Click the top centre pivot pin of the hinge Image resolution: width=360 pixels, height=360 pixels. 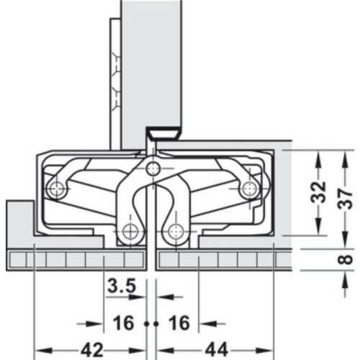151,168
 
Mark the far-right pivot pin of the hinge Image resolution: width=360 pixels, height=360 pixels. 248,189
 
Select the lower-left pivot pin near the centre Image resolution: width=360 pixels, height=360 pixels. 130,232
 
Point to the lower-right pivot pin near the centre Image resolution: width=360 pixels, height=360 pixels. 174,232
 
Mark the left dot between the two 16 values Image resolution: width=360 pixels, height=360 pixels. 145,325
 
